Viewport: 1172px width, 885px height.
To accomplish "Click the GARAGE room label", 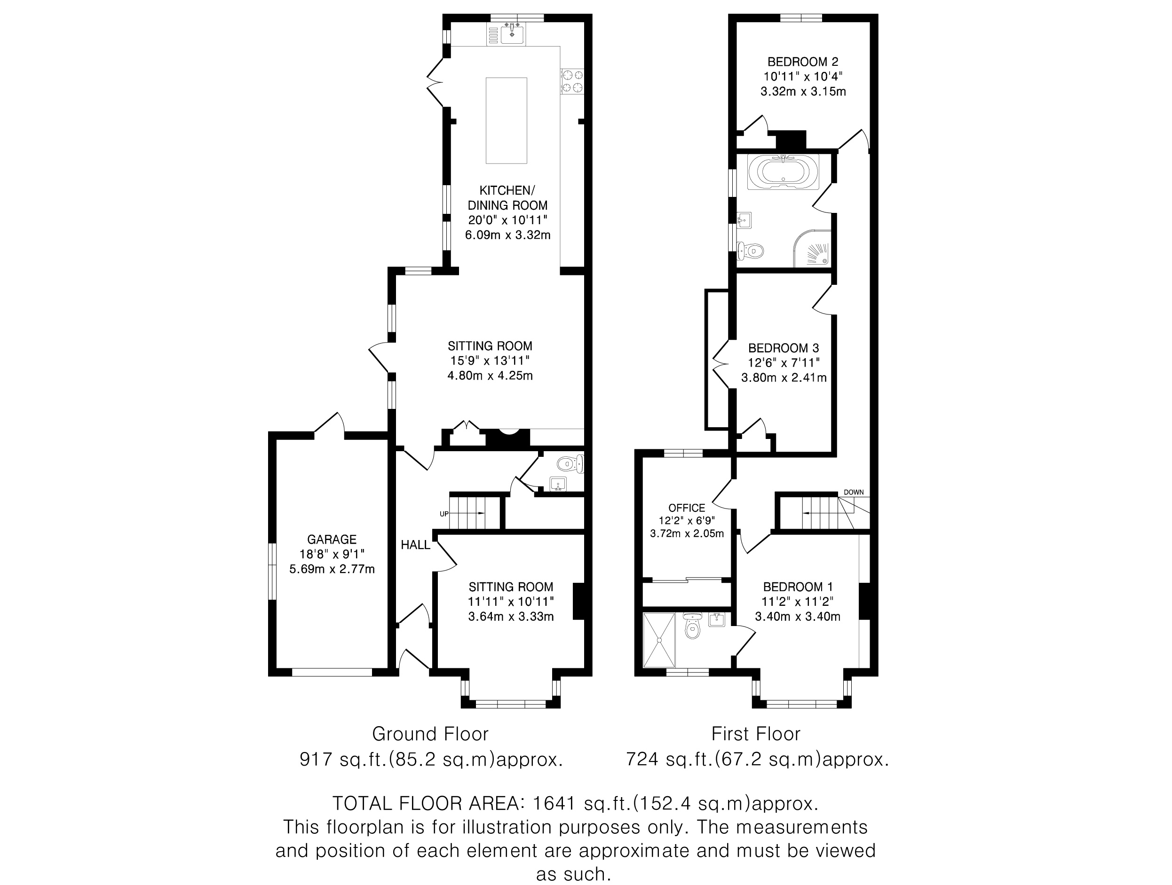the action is coord(332,540).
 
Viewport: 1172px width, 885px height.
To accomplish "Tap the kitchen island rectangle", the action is coord(507,121).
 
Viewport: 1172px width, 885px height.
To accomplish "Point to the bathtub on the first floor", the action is coord(783,171).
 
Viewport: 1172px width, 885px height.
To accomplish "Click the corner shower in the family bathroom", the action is coord(812,248).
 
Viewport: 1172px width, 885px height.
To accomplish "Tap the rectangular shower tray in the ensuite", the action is coord(659,640).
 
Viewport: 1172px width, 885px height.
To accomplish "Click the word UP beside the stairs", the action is coord(444,514).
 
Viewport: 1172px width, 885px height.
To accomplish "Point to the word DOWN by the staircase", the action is coord(854,493).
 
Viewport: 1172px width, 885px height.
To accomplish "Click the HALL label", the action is coord(415,545).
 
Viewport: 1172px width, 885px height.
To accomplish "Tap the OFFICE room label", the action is coord(687,508).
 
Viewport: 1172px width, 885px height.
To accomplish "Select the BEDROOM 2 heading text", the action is coord(803,62).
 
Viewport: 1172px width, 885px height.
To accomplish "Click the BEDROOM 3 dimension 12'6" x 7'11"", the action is coord(784,363).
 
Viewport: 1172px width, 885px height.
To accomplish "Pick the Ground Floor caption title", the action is coord(430,734).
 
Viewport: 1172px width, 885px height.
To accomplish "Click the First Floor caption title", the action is coord(756,734).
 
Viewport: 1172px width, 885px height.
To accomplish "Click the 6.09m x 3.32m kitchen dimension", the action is coord(507,235).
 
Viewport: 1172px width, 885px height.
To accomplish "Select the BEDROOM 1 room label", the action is coord(798,587).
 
